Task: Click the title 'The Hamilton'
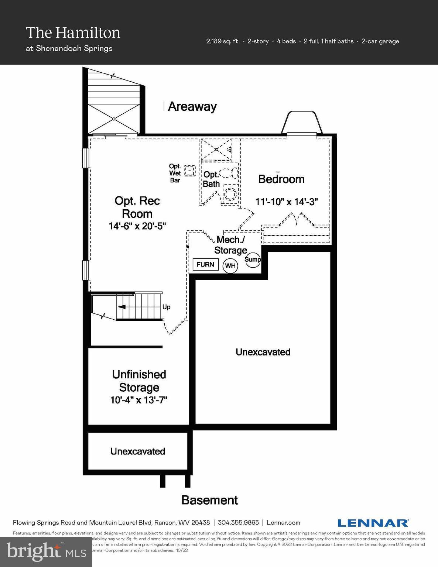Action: (73, 33)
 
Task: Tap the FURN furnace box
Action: (205, 264)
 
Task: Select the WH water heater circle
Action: (230, 266)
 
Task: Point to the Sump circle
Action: (253, 259)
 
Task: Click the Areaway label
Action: (192, 107)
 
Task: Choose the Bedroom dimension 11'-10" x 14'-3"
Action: (287, 202)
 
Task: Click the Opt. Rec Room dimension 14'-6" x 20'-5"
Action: (137, 226)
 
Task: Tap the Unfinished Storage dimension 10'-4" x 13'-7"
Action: (139, 400)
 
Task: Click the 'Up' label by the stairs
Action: (167, 307)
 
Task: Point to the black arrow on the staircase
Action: (122, 307)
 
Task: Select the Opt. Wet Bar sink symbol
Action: (190, 171)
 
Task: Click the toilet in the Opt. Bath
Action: (231, 173)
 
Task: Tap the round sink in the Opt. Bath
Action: (231, 194)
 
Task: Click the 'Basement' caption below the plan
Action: (210, 500)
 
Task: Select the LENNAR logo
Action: (373, 523)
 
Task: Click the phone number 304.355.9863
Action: (238, 523)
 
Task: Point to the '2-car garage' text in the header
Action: (380, 41)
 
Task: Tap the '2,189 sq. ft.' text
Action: (223, 41)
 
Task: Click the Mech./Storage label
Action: (230, 245)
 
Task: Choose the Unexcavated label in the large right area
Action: (263, 352)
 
